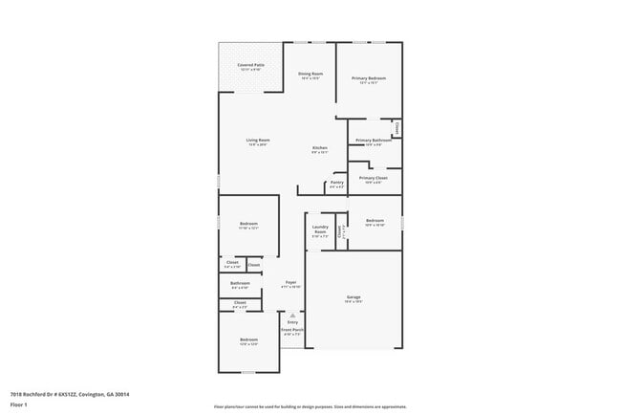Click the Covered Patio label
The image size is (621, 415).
point(251,65)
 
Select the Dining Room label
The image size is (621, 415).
point(310,75)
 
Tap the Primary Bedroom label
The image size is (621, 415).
point(369,79)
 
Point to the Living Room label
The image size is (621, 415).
point(257,142)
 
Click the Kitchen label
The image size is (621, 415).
point(320,148)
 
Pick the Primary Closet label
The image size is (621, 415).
point(373,178)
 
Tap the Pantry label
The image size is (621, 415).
point(336,184)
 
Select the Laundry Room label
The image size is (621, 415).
point(320,229)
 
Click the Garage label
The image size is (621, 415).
point(353,298)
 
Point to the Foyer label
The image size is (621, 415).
point(289,283)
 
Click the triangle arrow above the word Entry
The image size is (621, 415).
point(291,315)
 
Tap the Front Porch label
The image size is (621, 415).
point(291,332)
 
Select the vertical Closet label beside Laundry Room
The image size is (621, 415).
point(339,230)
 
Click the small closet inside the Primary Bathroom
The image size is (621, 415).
point(396,127)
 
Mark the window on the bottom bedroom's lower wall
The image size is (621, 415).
point(248,373)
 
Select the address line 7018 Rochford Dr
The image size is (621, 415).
point(70,394)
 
